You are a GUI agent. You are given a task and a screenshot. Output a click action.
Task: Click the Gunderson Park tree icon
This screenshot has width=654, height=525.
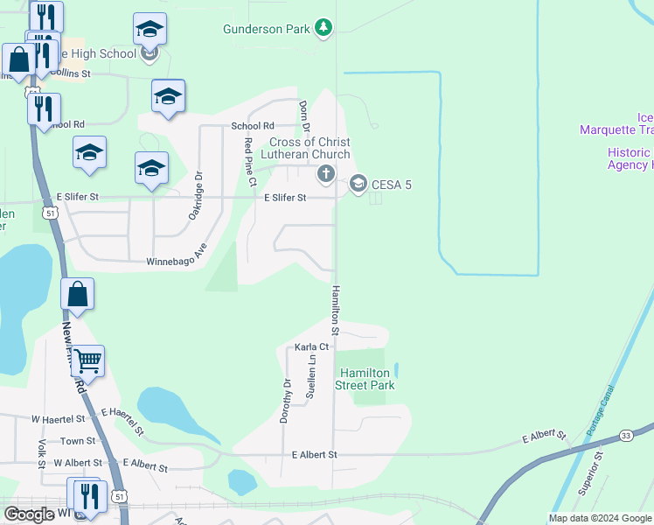point(324,28)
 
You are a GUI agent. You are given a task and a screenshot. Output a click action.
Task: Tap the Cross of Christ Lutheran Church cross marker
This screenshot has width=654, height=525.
point(326,173)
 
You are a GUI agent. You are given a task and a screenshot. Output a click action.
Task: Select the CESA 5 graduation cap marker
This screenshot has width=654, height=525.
point(357,184)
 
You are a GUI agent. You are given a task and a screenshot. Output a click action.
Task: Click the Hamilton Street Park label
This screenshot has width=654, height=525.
point(366,379)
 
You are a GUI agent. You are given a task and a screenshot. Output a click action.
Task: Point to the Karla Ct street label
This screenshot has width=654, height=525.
point(311,347)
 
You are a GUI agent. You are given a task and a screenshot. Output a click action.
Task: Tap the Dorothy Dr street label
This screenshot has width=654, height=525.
point(285,402)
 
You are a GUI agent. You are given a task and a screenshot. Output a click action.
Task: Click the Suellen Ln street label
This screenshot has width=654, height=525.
point(310,383)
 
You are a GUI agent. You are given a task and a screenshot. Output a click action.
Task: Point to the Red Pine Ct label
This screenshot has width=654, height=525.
point(250,162)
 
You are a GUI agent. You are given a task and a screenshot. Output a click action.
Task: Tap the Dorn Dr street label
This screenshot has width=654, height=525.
point(305,116)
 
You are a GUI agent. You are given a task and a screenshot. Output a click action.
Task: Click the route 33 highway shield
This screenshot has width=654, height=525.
point(625,435)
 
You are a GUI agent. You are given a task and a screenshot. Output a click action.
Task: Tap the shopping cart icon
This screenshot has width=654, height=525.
point(87,360)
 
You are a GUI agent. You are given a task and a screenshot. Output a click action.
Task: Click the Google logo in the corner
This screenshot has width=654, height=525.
point(29,514)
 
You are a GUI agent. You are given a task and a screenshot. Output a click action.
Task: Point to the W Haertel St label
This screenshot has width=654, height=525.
point(63,420)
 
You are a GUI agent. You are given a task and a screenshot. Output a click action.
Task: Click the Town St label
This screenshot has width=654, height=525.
point(78,441)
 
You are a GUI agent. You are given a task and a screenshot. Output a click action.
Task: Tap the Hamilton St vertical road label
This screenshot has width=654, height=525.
point(334,311)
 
